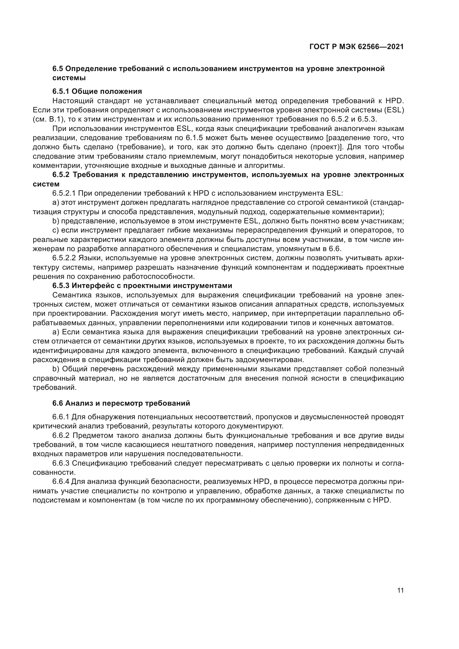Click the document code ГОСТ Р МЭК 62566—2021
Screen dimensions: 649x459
[x=356, y=47]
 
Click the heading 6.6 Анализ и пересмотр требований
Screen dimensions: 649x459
[x=121, y=403]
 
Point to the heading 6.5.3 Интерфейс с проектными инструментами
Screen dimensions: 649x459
[x=142, y=286]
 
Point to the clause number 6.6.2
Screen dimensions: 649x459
[x=61, y=436]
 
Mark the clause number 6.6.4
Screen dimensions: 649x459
[x=61, y=482]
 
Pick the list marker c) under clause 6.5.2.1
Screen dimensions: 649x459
[x=56, y=230]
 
